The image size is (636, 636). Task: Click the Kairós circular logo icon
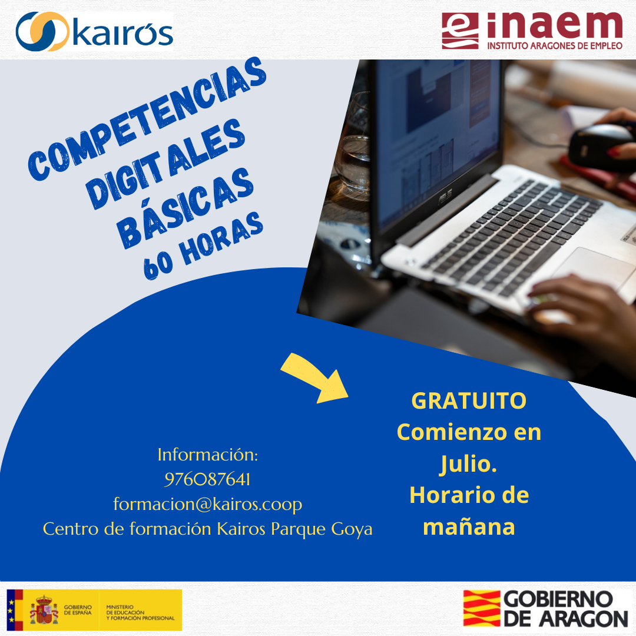42,31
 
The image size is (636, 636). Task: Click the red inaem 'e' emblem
460,31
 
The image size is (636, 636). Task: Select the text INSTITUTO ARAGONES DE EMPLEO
555,45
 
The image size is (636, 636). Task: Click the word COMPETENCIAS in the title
147,118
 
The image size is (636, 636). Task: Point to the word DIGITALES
165,164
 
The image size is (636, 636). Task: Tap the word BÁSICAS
185,208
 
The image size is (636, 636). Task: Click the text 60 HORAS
203,246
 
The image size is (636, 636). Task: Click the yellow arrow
316,378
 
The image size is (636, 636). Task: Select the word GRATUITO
469,401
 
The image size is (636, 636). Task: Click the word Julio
469,465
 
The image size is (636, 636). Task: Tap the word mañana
469,527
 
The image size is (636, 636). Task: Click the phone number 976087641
207,479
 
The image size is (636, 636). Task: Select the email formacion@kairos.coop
208,504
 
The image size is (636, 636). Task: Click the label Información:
208,455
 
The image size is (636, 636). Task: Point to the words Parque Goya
322,529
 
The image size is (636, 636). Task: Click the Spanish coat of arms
44,609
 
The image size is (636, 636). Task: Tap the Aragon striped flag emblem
482,608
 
